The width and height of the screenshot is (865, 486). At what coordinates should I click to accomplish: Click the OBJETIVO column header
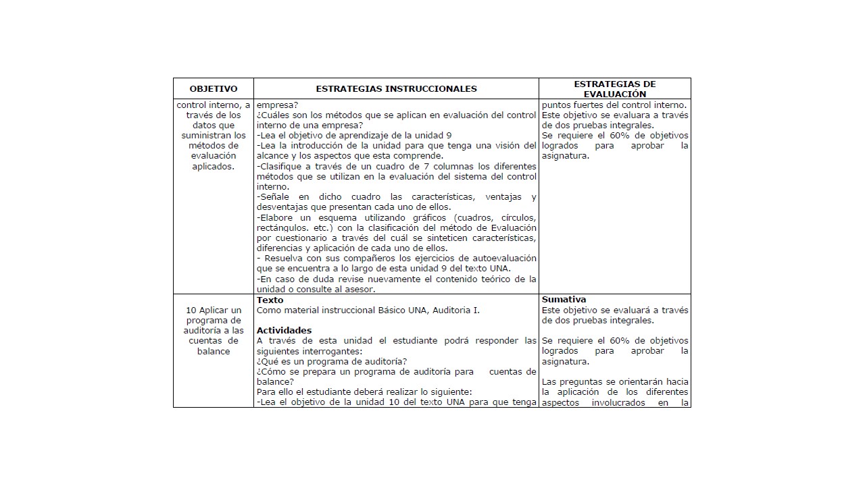(214, 88)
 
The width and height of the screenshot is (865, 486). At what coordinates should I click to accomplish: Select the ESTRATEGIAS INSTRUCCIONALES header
(396, 88)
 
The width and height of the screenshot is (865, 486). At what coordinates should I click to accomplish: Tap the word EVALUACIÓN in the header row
(615, 94)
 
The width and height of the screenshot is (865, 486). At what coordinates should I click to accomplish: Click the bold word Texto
(270, 300)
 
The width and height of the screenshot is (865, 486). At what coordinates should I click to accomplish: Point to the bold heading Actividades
(285, 330)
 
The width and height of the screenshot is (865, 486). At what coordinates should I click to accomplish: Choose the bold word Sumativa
(564, 300)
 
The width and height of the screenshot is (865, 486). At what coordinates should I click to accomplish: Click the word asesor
(360, 289)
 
